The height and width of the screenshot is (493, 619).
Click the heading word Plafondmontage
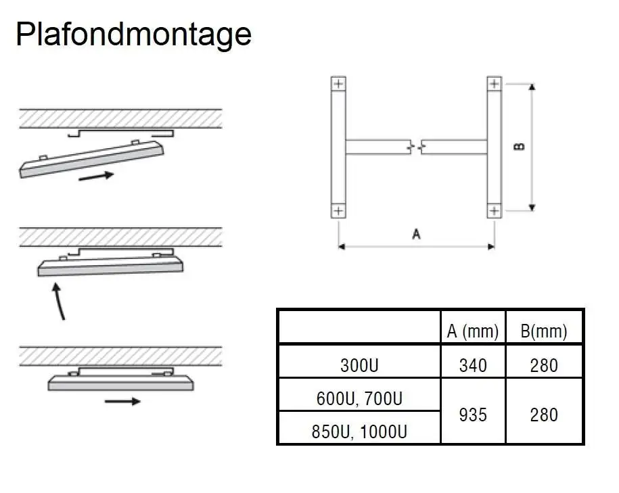pos(133,34)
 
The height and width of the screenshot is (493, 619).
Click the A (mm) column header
pos(472,331)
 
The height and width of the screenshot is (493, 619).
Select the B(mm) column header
pos(544,331)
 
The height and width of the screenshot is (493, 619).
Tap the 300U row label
pos(359,365)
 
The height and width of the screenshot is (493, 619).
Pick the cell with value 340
pos(472,365)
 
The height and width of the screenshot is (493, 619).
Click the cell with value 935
pos(472,414)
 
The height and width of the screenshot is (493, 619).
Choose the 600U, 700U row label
pos(359,399)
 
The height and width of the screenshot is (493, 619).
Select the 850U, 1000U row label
pos(359,431)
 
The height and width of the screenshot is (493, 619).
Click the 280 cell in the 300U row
pos(544,365)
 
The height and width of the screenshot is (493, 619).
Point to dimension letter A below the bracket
pos(416,234)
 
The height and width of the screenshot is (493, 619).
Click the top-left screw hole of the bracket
pos(338,85)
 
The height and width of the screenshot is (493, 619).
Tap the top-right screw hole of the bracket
pos(494,85)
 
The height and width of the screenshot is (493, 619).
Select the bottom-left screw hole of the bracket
pos(338,211)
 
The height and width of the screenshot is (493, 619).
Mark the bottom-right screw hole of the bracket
pos(494,211)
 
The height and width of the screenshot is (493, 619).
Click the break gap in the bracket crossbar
pos(416,146)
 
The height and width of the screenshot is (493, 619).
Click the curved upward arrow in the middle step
pos(58,301)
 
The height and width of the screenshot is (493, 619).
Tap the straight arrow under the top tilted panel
pos(95,177)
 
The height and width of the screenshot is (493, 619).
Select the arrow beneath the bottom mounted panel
pos(122,401)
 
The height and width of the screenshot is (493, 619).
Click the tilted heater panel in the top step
pos(91,158)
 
